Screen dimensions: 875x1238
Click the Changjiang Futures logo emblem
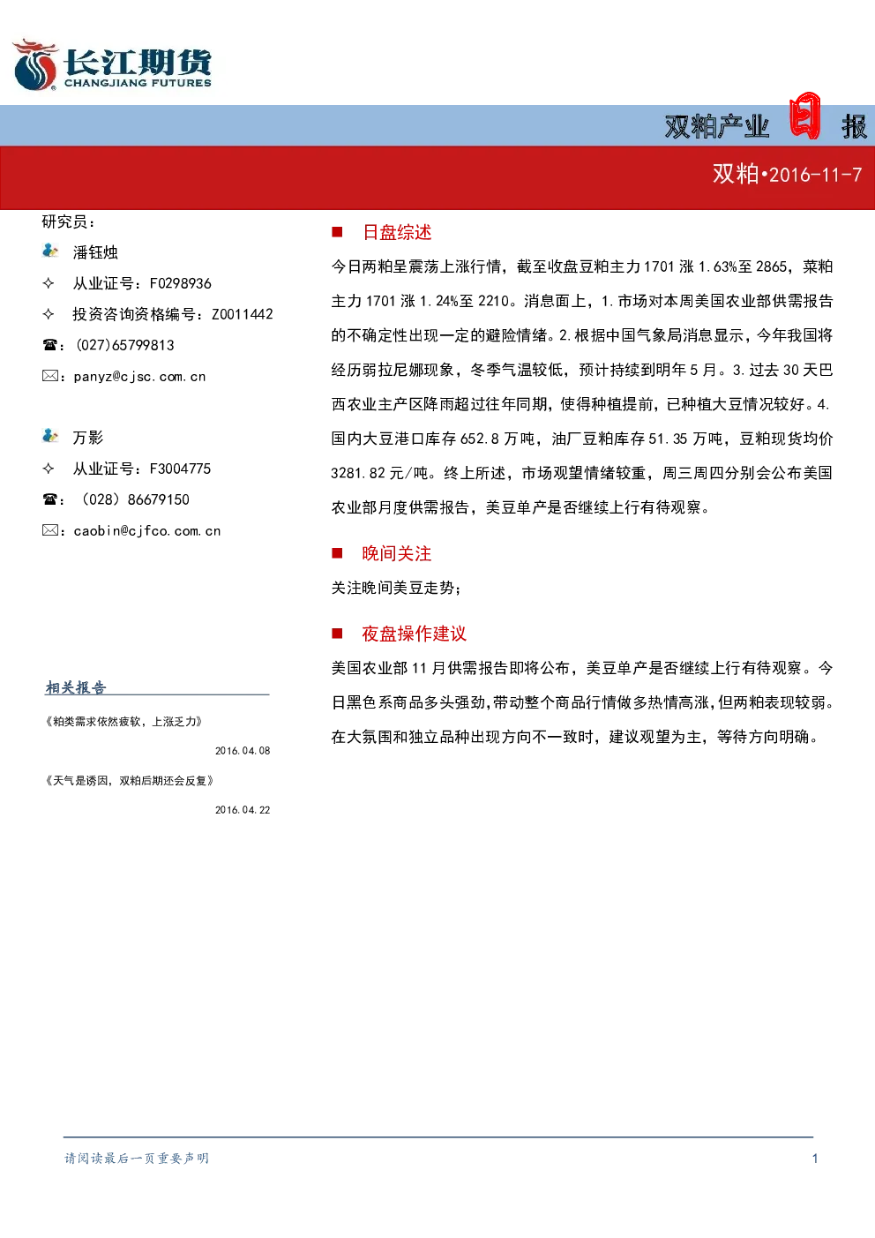point(35,64)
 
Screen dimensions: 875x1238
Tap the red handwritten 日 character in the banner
point(804,116)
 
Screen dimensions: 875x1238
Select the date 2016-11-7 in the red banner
point(815,176)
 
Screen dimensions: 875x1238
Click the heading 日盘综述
point(397,233)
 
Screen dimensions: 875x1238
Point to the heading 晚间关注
point(397,553)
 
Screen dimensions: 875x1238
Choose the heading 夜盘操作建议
point(414,634)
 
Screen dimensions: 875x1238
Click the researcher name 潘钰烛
point(95,252)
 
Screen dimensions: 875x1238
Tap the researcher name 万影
point(88,438)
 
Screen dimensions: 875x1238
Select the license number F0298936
point(181,283)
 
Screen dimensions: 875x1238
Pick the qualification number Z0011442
point(243,314)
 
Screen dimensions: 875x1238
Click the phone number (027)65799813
point(125,345)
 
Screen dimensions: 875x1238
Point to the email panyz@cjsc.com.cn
point(139,377)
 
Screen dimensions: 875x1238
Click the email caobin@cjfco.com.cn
point(147,531)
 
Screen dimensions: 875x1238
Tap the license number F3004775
point(181,469)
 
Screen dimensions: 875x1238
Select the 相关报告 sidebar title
point(75,687)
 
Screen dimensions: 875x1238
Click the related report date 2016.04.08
point(243,751)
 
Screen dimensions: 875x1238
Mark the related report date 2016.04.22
point(243,810)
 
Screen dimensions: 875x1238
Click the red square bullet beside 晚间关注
point(337,553)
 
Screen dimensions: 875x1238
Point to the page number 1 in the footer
point(815,1159)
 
